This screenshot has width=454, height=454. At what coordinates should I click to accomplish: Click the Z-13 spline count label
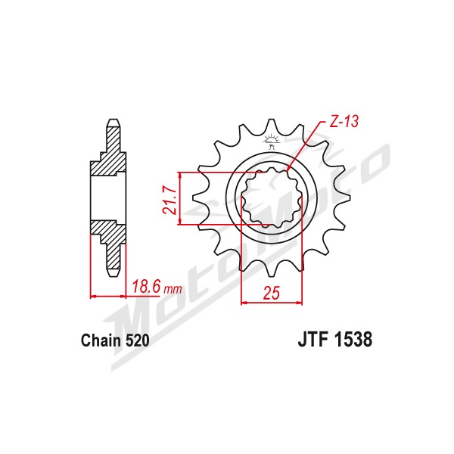pos(344,122)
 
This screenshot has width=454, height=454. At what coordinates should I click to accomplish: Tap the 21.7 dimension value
pos(169,201)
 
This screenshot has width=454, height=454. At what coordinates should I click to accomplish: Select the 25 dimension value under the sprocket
pos(272,293)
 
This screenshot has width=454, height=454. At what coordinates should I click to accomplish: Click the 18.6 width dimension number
pos(146,287)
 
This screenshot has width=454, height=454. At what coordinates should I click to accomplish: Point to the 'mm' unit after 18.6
pos(173,289)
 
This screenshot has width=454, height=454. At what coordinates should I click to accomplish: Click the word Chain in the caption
pos(101,340)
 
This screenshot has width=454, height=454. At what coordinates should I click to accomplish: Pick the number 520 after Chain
pos(137,340)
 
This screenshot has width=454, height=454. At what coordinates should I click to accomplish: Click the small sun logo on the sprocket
pos(272,139)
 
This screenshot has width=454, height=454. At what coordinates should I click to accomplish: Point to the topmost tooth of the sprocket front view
pos(272,125)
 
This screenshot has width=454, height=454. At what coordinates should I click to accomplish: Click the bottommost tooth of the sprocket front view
pos(272,270)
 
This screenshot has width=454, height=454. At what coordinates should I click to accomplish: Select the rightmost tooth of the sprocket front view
pos(342,197)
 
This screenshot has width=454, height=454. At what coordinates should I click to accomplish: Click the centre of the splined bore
pos(272,197)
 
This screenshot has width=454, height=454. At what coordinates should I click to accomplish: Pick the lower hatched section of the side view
pos(111,241)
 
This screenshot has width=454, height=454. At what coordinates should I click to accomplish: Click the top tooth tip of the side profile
pos(113,120)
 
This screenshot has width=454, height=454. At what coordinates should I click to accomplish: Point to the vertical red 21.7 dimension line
pos(180,198)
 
